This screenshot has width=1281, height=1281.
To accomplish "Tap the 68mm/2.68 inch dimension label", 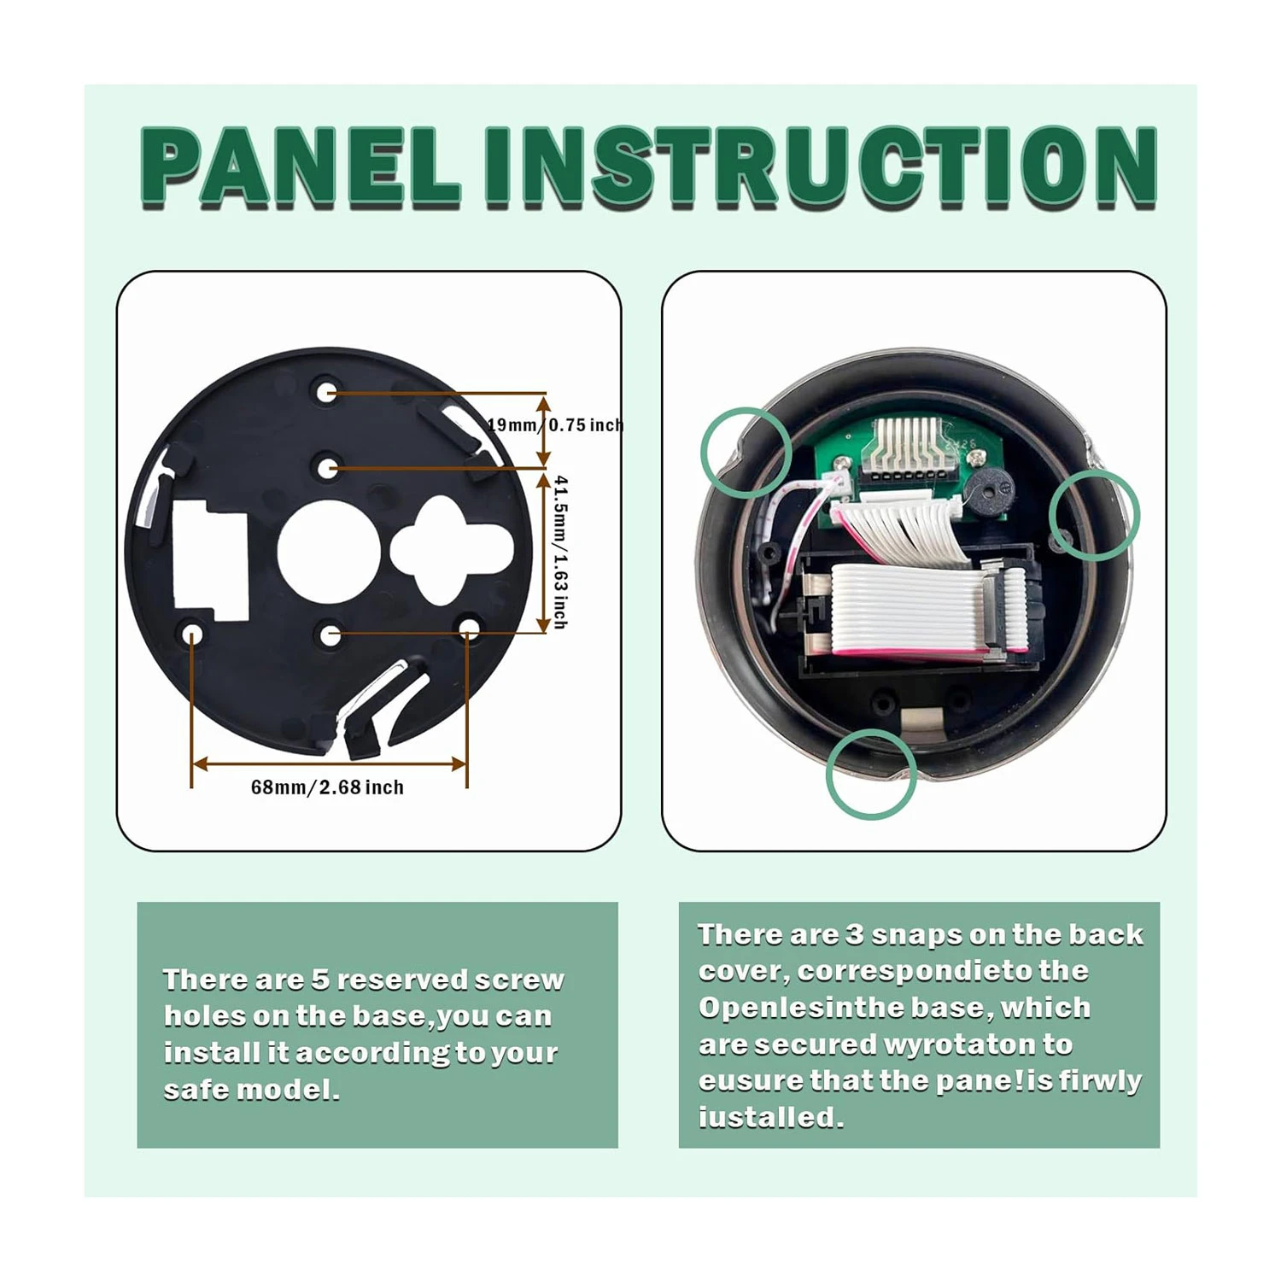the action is [327, 787].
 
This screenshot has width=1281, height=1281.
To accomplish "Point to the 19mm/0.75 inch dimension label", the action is [556, 424].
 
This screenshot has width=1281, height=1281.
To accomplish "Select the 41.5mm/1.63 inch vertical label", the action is [560, 552].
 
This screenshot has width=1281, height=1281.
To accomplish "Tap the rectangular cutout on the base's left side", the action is [210, 560].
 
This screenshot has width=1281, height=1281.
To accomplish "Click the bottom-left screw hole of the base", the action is [192, 634].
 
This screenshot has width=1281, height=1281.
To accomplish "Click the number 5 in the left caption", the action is [321, 980].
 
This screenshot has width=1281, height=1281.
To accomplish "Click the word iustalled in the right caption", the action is [771, 1117].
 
